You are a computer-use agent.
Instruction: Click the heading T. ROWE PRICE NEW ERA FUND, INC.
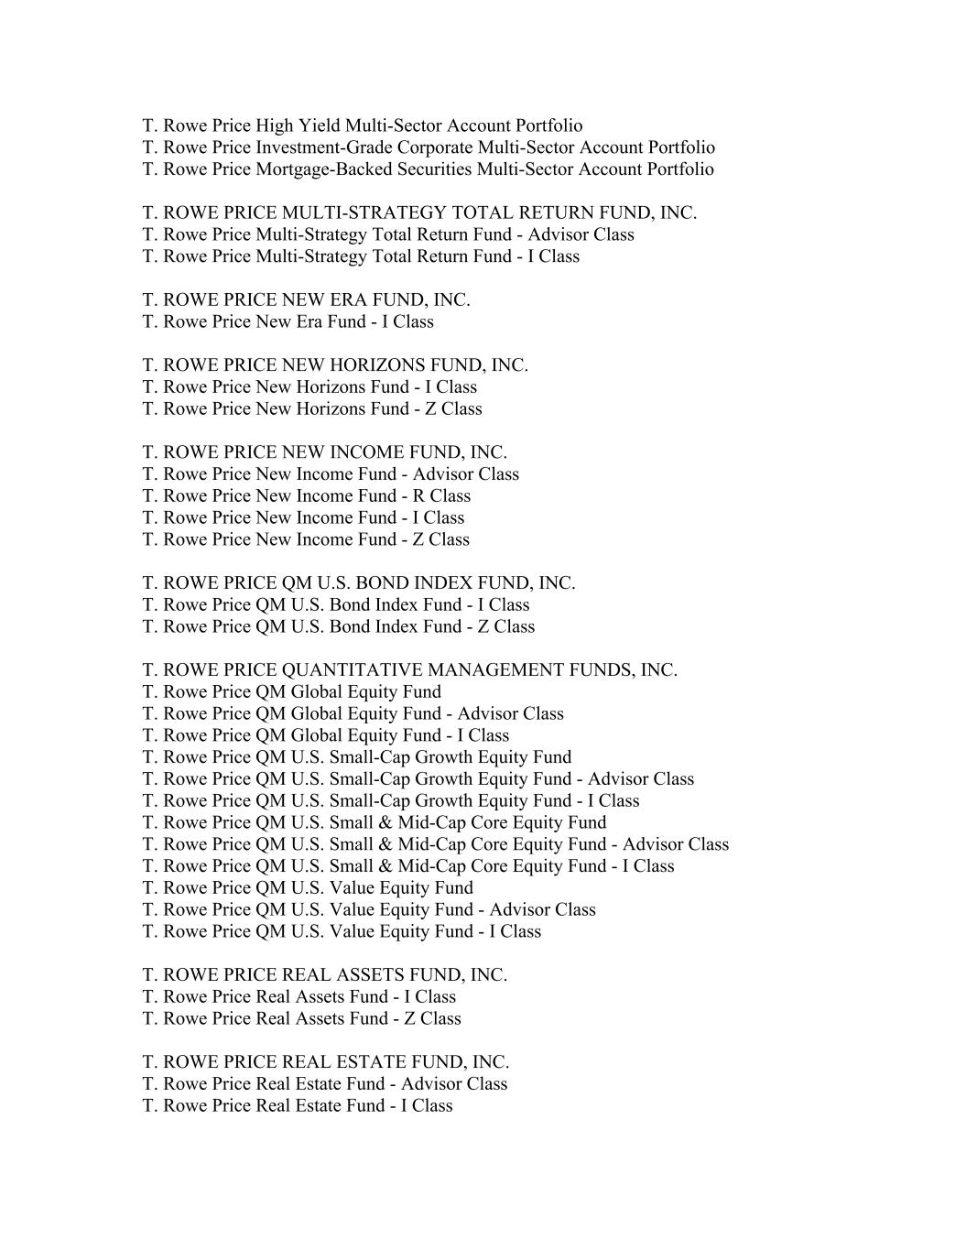(x=306, y=300)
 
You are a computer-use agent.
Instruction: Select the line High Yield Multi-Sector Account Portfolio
(x=362, y=126)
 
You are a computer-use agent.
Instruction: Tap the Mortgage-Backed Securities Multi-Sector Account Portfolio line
(x=428, y=169)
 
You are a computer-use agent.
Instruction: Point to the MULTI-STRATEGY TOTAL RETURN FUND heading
(x=419, y=213)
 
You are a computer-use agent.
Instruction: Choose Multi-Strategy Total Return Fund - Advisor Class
(x=388, y=234)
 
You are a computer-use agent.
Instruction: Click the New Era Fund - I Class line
(x=288, y=322)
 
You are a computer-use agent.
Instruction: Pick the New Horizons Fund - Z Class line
(x=312, y=409)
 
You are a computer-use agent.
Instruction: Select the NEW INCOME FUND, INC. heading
(x=324, y=452)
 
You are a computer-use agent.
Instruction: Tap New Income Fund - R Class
(x=306, y=496)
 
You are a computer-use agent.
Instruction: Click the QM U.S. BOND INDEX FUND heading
(x=359, y=583)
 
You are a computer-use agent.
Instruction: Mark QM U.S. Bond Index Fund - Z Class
(x=338, y=627)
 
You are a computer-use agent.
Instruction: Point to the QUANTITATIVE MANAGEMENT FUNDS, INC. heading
(x=409, y=670)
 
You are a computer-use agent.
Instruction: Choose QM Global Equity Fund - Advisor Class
(x=353, y=714)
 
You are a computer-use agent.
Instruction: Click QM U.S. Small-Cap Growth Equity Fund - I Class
(x=391, y=801)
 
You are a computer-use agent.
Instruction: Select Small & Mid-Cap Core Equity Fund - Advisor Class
(x=436, y=844)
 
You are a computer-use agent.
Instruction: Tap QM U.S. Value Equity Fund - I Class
(x=342, y=932)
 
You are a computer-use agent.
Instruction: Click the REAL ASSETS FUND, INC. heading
(x=324, y=975)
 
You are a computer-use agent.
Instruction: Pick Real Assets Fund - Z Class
(x=301, y=1019)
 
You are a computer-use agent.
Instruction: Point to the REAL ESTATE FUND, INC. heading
(x=325, y=1062)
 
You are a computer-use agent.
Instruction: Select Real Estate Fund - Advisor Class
(x=324, y=1084)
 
